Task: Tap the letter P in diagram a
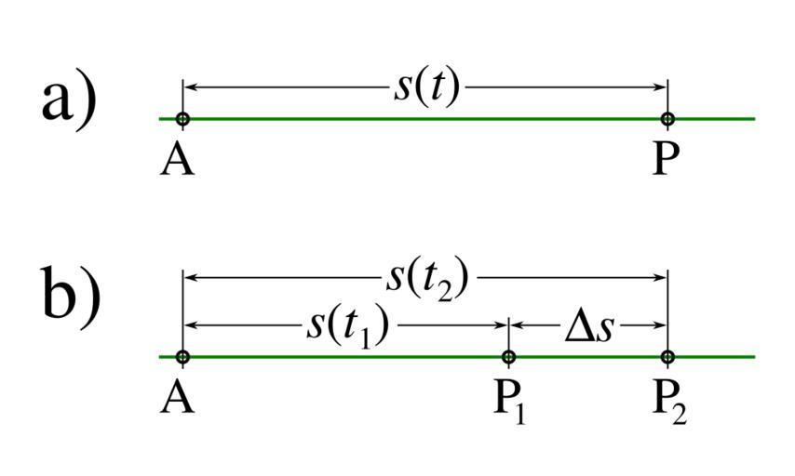pyautogui.click(x=667, y=160)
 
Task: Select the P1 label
pyautogui.click(x=509, y=401)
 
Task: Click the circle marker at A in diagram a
pyautogui.click(x=182, y=119)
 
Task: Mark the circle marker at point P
pyautogui.click(x=667, y=119)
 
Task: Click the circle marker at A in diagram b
pyautogui.click(x=182, y=357)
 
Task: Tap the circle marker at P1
pyautogui.click(x=508, y=357)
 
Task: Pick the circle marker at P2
pyautogui.click(x=667, y=357)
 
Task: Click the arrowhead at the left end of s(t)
pyautogui.click(x=190, y=87)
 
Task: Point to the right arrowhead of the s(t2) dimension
pyautogui.click(x=660, y=277)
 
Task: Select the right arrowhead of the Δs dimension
pyautogui.click(x=660, y=325)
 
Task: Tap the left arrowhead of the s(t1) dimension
pyautogui.click(x=190, y=325)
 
